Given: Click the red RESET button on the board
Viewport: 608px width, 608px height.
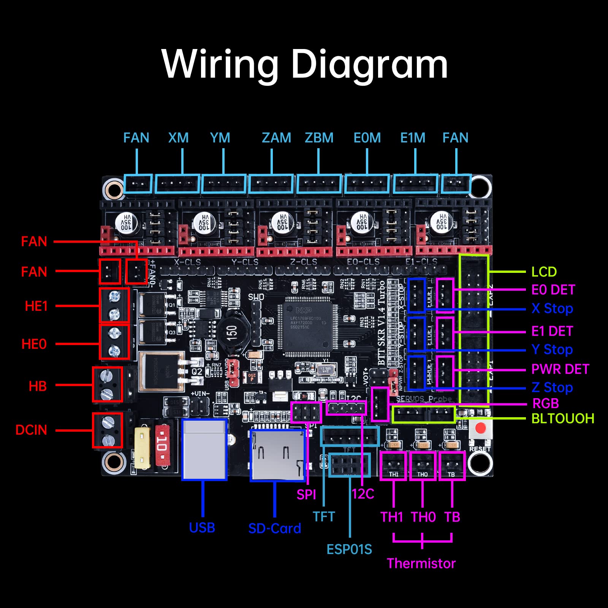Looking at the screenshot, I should pos(480,428).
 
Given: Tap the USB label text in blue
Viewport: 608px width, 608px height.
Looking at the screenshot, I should pos(202,528).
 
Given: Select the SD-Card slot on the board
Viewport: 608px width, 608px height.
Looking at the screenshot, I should pos(278,454).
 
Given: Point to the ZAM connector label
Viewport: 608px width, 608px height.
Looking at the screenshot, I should pos(276,138).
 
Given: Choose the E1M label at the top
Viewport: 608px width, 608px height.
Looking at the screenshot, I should pos(413,138).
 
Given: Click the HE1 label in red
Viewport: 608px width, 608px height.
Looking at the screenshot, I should pos(36,306).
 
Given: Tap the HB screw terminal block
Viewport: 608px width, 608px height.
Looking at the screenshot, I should pos(108,385).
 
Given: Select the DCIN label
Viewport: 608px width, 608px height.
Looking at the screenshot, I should pos(31,430).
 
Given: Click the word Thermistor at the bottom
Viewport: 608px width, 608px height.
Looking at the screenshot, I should pos(421,563).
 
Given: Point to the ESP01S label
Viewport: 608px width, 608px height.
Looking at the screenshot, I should pos(349,549).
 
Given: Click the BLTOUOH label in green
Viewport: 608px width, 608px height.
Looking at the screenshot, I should pos(562,418).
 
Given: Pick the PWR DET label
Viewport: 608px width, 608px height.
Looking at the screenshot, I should pos(560,369).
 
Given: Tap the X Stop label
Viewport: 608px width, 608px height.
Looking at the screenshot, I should pos(552,308).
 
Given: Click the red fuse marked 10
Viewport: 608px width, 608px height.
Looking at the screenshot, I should pos(162,443).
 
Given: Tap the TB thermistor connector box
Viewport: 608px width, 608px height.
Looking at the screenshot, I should pos(452,466).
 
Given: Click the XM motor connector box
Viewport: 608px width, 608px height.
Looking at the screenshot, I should pos(177,184).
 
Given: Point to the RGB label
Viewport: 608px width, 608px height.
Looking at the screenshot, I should pos(546,403).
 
